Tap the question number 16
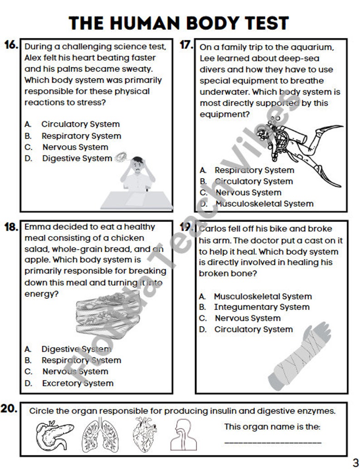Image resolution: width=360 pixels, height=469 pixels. (11, 45)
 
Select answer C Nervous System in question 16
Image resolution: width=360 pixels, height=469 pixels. (75, 147)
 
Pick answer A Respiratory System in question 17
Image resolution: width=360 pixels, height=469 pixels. (254, 170)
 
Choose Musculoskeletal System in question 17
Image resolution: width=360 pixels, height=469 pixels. (264, 204)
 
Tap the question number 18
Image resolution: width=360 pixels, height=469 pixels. (11, 227)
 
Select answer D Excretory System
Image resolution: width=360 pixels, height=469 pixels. (77, 383)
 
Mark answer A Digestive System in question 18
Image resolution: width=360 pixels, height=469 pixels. (76, 349)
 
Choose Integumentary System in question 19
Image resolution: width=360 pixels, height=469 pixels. (262, 307)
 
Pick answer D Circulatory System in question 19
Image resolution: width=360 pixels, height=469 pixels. (253, 329)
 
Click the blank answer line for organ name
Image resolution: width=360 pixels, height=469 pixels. (272, 442)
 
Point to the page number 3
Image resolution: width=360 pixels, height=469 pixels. (355, 462)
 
